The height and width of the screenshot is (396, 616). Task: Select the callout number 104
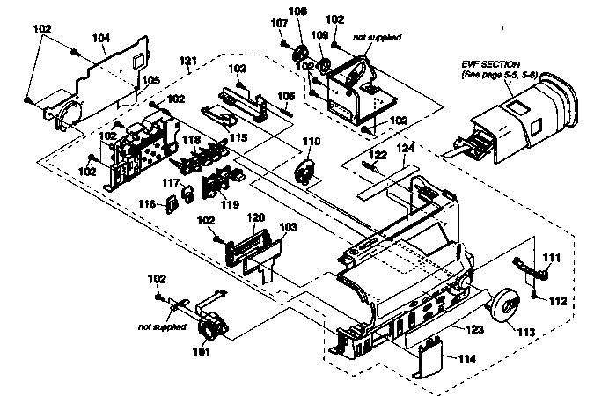tap(101, 40)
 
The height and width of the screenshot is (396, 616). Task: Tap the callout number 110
tap(312, 141)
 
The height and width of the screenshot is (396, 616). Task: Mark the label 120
tap(256, 216)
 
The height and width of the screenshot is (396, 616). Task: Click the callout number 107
tap(279, 22)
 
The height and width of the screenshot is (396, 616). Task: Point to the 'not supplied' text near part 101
tap(162, 326)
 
